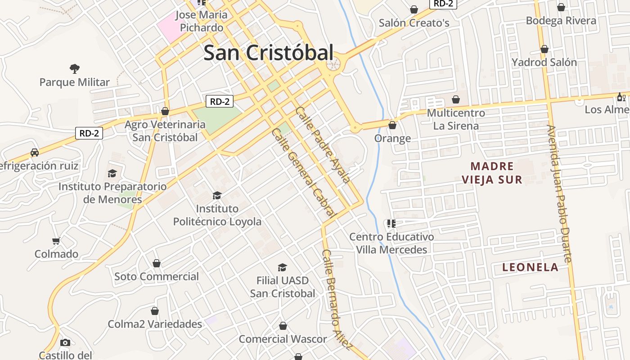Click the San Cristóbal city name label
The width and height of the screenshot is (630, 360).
click(268, 53)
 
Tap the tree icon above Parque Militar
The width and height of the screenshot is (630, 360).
click(75, 69)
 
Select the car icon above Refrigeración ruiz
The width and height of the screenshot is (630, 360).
click(35, 153)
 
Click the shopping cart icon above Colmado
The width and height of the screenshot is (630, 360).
click(56, 241)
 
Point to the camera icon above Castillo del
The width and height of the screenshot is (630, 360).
click(65, 342)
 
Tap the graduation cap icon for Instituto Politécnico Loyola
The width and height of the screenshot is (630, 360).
click(217, 195)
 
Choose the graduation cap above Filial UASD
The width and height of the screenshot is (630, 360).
click(282, 267)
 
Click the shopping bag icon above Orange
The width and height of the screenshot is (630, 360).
click(392, 125)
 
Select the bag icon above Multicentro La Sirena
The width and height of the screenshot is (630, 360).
click(456, 99)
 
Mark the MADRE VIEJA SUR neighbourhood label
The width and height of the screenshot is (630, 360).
click(492, 173)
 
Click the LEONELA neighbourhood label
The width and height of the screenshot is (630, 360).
click(530, 267)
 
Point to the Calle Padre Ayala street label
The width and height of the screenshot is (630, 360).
click(322, 144)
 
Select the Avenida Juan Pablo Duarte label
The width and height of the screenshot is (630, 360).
click(559, 193)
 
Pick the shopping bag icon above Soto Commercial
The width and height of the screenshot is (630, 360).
click(157, 263)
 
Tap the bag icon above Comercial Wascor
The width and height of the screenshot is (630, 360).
click(283, 326)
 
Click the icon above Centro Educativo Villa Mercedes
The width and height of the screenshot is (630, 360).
click(391, 223)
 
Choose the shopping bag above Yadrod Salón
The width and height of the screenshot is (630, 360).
click(544, 49)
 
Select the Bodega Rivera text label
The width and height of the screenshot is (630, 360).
click(561, 21)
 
